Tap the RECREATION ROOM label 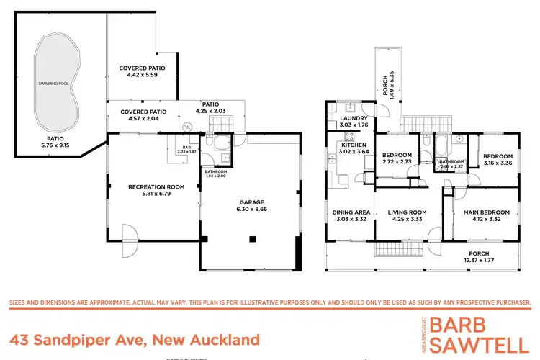pyautogui.click(x=157, y=186)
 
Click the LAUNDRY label pyautogui.click(x=354, y=118)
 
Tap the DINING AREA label pyautogui.click(x=351, y=212)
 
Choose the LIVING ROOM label pyautogui.click(x=407, y=212)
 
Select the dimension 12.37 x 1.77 pyautogui.click(x=479, y=261)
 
